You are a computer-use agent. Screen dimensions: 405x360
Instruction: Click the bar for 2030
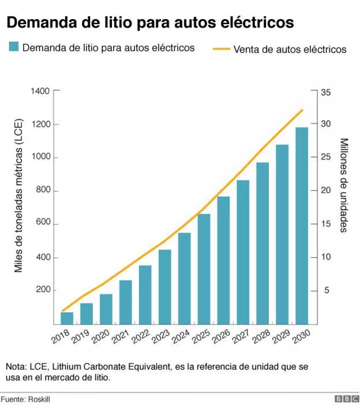pos(302,226)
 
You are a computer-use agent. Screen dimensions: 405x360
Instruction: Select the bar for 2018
pos(67,318)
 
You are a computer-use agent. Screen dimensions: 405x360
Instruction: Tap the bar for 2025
pos(204,269)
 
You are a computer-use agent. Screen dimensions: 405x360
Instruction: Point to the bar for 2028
pos(262,243)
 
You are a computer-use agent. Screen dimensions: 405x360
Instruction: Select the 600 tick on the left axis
pos(42,224)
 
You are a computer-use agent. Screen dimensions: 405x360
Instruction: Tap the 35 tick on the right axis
pos(325,91)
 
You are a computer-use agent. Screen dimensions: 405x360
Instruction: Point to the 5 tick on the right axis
pos(325,291)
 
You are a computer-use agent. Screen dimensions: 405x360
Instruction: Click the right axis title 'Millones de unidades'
pos(343,185)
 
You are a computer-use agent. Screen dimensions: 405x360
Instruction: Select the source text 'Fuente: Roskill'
pos(26,399)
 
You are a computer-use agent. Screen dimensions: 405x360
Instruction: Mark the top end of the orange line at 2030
pos(302,110)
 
